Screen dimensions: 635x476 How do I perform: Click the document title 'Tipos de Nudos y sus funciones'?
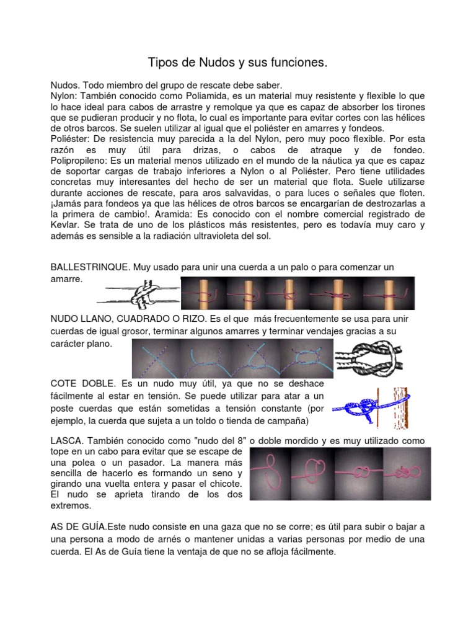(x=237, y=63)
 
